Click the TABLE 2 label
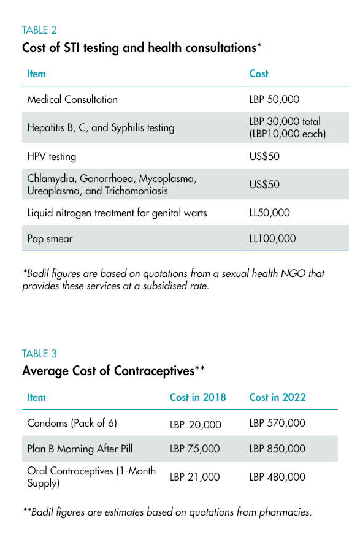[x=39, y=30]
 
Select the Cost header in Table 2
[x=259, y=74]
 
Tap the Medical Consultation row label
[x=72, y=99]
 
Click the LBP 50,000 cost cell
[x=274, y=99]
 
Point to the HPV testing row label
[x=52, y=156]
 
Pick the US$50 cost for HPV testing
[x=264, y=156]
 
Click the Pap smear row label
[x=50, y=238]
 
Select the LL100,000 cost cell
[x=273, y=238]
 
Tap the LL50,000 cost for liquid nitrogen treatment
[x=269, y=213]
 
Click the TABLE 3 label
[x=39, y=354]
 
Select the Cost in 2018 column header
[x=198, y=397]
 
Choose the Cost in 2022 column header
[x=278, y=397]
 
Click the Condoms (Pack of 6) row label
[x=72, y=423]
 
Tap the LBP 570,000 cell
[x=278, y=423]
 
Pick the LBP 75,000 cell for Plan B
[x=195, y=449]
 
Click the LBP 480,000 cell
[x=278, y=477]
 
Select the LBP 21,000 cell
[x=195, y=477]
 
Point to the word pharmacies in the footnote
[x=285, y=512]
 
